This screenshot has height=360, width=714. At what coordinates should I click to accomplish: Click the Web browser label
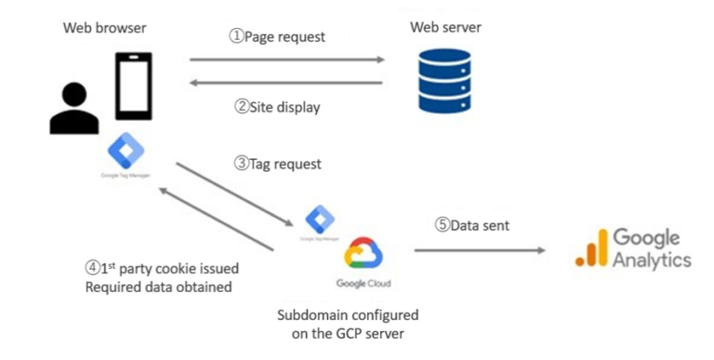pos(104,27)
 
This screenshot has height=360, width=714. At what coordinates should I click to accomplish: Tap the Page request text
pos(277,37)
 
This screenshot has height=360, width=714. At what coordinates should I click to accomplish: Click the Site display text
pos(277,107)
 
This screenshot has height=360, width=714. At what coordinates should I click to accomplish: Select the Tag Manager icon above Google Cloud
pos(318,219)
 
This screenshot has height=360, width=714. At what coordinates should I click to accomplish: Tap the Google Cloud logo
pos(362,253)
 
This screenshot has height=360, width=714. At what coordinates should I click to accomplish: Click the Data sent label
pos(472,226)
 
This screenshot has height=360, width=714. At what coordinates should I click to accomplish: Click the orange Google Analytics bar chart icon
pos(589,249)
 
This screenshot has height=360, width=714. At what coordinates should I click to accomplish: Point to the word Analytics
pos(651,260)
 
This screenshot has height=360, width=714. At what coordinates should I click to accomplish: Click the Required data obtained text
pos(158,287)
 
